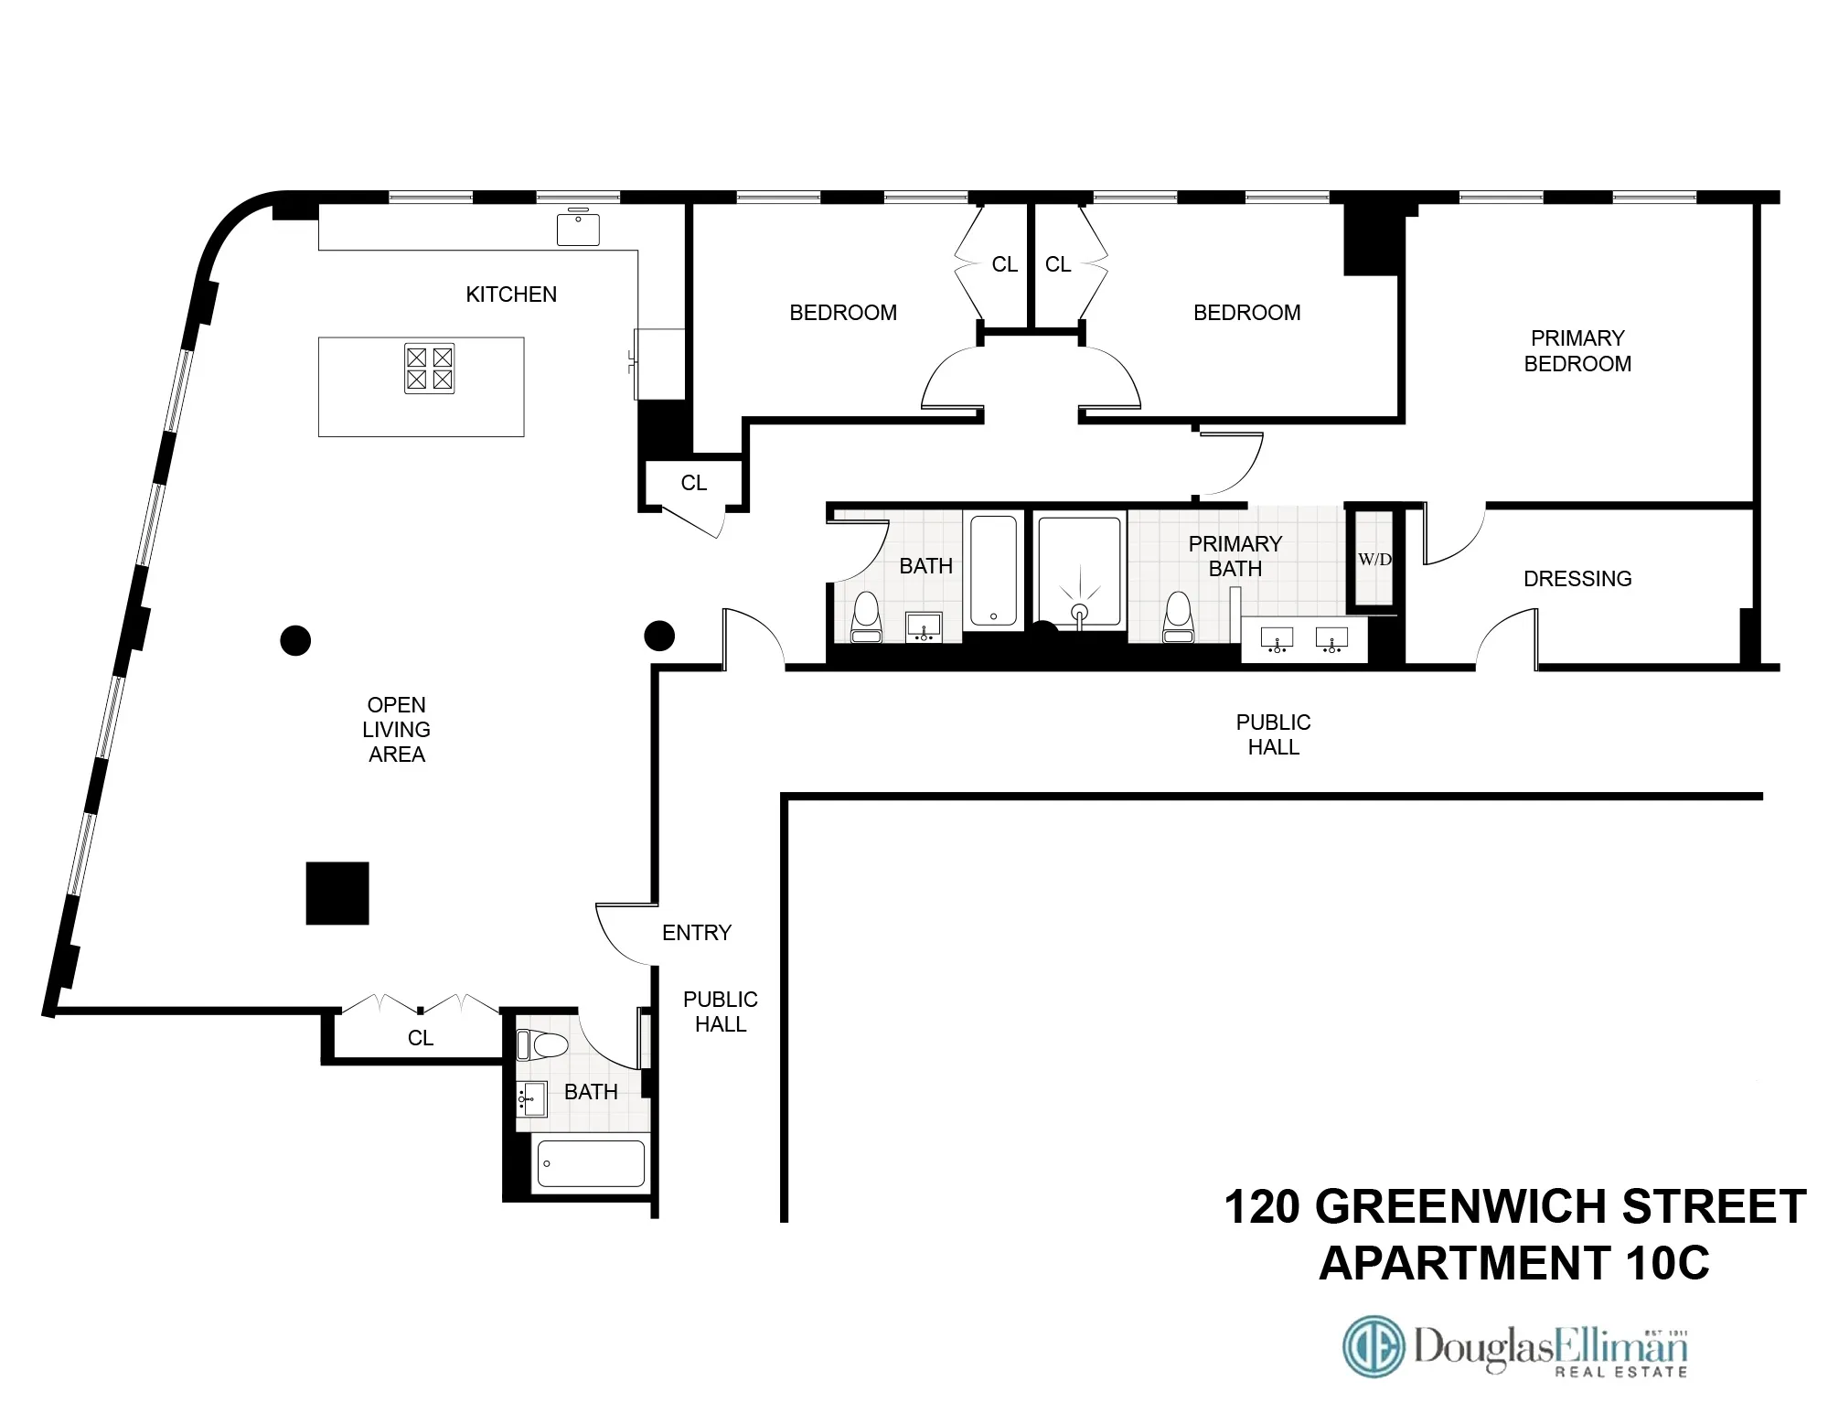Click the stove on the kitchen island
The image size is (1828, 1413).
point(429,369)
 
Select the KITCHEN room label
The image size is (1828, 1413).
point(510,294)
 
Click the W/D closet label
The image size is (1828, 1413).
point(1374,560)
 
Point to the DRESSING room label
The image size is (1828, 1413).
point(1577,579)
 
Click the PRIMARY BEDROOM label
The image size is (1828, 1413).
point(1577,351)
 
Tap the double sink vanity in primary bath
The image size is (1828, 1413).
point(1305,639)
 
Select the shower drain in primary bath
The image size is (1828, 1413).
point(1079,611)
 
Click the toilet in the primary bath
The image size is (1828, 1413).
point(1178,619)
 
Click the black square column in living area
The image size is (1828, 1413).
point(337,893)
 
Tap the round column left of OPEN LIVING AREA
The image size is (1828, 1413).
point(295,640)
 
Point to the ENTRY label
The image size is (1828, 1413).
point(696,933)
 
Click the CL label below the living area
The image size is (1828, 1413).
point(420,1038)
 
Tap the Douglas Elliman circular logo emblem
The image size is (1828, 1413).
point(1373,1347)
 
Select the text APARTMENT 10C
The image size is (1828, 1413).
point(1513,1264)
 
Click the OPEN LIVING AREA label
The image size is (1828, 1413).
point(396,730)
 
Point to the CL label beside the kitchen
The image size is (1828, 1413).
point(693,483)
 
